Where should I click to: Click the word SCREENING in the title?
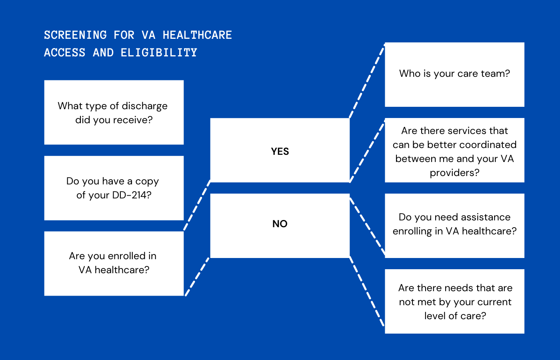pyautogui.click(x=76, y=35)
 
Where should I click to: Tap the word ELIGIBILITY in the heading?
pyautogui.click(x=159, y=53)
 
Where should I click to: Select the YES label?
pyautogui.click(x=280, y=151)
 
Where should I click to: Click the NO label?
pyautogui.click(x=280, y=224)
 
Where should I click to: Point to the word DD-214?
pyautogui.click(x=132, y=195)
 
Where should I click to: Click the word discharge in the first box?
pyautogui.click(x=145, y=106)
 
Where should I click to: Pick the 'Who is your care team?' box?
pyautogui.click(x=454, y=74)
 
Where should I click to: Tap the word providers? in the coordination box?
pyautogui.click(x=454, y=173)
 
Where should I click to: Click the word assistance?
pyautogui.click(x=486, y=217)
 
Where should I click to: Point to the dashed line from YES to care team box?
pyautogui.click(x=367, y=81)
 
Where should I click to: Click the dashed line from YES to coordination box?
pyautogui.click(x=367, y=152)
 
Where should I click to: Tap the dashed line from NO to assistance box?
pyautogui.click(x=367, y=226)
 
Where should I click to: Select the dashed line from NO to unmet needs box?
pyautogui.click(x=367, y=291)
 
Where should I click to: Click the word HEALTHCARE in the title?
pyautogui.click(x=197, y=35)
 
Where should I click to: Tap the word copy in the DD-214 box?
pyautogui.click(x=147, y=182)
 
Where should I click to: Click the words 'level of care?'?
pyautogui.click(x=455, y=316)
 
